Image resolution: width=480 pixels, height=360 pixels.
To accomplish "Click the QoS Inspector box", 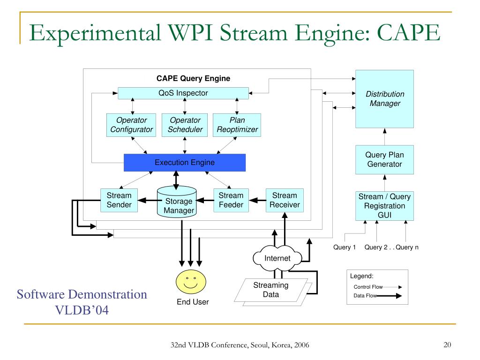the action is (183, 93).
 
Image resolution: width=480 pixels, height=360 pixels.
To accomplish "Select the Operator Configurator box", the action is (131, 125).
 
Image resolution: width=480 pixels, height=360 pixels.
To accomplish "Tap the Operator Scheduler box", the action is (185, 125).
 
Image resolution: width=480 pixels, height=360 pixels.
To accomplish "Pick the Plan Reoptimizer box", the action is (237, 125).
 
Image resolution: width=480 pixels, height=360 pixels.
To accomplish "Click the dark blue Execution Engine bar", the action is (185, 163).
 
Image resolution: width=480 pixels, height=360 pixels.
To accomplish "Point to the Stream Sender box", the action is (119, 200).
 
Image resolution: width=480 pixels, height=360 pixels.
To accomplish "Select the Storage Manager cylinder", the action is (177, 202).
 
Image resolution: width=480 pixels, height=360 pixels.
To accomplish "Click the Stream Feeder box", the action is (231, 200).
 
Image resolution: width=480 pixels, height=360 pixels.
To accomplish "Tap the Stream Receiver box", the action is (285, 200).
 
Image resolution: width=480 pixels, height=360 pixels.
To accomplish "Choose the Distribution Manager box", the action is (384, 99).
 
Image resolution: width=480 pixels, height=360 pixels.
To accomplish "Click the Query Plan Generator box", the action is (384, 160).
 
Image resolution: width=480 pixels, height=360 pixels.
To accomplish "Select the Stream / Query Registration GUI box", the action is (384, 206).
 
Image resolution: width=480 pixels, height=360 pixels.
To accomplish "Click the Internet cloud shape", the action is (277, 258).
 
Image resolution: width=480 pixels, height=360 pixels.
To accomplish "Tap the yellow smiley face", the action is (191, 282).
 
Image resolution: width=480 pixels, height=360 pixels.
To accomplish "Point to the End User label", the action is (193, 302).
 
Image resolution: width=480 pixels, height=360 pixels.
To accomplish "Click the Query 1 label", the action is (345, 247).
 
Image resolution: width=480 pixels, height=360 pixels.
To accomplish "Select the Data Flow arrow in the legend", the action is (389, 296).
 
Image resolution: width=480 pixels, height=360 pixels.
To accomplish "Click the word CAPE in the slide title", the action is (408, 32).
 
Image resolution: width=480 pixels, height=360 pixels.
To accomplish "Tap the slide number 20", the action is (447, 345).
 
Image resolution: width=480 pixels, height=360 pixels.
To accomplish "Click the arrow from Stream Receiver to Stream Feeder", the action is (257, 201).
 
